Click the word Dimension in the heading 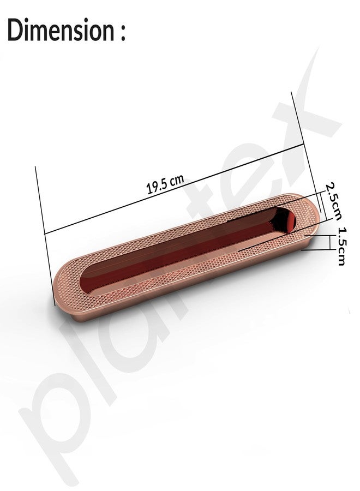point(61,30)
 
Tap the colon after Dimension point(122,33)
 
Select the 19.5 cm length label point(165,184)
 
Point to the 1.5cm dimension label point(340,247)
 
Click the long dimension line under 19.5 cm point(175,189)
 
